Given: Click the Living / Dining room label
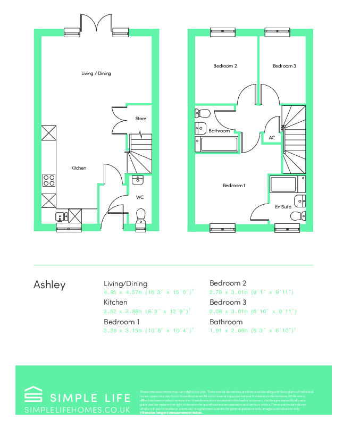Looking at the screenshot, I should tap(96, 73).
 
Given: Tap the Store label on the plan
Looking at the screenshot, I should tap(140, 119).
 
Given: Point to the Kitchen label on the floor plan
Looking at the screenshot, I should tap(79, 168).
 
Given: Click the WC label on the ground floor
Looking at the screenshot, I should tap(140, 197).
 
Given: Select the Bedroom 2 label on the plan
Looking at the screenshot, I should tap(225, 66).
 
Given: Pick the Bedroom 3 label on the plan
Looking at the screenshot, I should tap(284, 66).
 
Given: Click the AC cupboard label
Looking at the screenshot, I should tap(272, 138).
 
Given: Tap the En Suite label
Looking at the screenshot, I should tap(282, 207).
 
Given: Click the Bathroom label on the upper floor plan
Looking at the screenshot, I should tap(219, 131).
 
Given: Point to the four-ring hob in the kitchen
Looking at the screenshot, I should tap(49, 180).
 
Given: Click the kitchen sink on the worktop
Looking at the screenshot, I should tap(60, 216).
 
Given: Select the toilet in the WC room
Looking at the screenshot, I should tap(141, 215).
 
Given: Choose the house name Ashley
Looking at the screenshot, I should tap(49, 284).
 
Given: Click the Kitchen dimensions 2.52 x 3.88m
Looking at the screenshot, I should tap(147, 311).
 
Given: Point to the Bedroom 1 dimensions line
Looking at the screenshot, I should tap(148, 330).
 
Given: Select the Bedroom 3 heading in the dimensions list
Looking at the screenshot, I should tap(226, 302).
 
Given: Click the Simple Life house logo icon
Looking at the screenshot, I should tap(34, 396).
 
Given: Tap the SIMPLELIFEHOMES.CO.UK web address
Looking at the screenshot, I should tap(78, 410).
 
